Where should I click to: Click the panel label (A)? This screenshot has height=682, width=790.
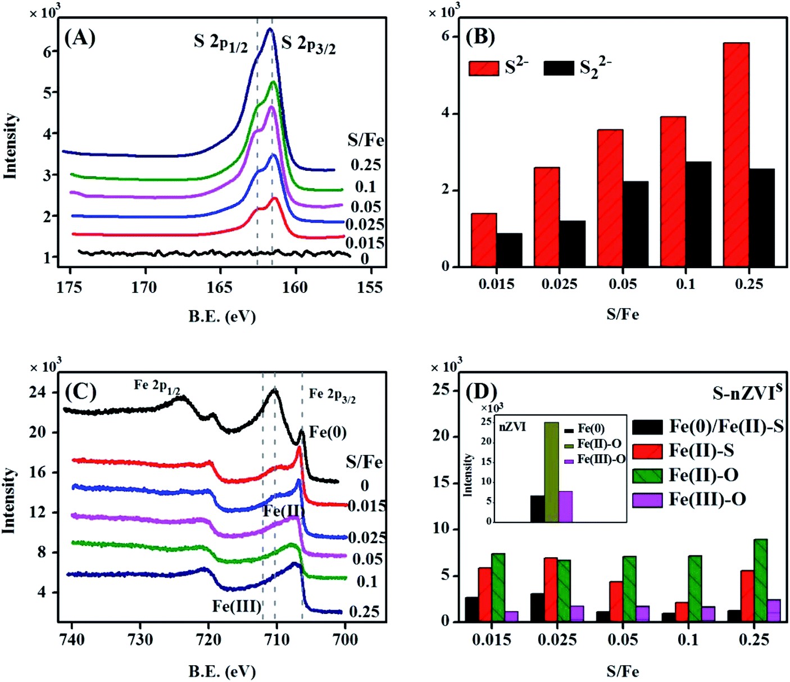tap(80, 38)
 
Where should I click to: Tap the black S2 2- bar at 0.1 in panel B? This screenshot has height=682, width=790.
tap(698, 214)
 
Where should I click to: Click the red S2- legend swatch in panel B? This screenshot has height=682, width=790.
tap(484, 69)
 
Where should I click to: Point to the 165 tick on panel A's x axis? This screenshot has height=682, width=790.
tap(219, 288)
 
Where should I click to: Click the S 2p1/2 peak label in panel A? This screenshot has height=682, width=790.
tap(221, 43)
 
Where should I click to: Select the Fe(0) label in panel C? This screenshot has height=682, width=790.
tap(328, 432)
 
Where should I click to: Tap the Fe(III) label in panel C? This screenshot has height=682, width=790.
tap(237, 606)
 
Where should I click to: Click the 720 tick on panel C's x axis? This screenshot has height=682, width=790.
tap(208, 640)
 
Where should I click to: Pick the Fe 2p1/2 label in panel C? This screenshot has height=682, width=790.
tap(157, 386)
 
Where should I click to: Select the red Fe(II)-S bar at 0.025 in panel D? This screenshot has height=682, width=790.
tap(551, 589)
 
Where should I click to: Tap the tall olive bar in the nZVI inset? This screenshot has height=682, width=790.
tap(552, 472)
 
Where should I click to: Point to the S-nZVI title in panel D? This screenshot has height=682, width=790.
tap(747, 392)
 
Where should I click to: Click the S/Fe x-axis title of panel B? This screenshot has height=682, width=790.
tap(623, 314)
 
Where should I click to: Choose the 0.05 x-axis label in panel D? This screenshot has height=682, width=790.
tap(623, 640)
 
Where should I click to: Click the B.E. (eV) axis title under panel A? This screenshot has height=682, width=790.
tap(222, 317)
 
